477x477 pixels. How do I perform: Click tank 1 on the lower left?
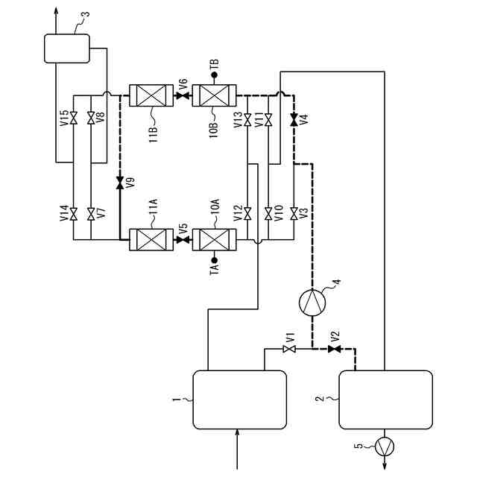tap(239, 399)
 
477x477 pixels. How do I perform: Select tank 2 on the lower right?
tap(385, 399)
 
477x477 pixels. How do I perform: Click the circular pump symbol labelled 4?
tap(312, 300)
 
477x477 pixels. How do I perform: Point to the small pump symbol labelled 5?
tap(385, 446)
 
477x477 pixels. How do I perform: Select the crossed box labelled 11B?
tap(151, 95)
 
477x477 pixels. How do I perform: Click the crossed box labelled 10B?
tap(215, 95)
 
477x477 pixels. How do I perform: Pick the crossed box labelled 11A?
tap(151, 240)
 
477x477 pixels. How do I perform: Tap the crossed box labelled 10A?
tap(215, 240)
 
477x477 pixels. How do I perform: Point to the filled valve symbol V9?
tap(120, 181)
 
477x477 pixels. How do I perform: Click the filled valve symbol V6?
tap(183, 95)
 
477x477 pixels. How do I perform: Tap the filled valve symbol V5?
tap(183, 240)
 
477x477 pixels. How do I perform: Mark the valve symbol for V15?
tap(74, 118)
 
